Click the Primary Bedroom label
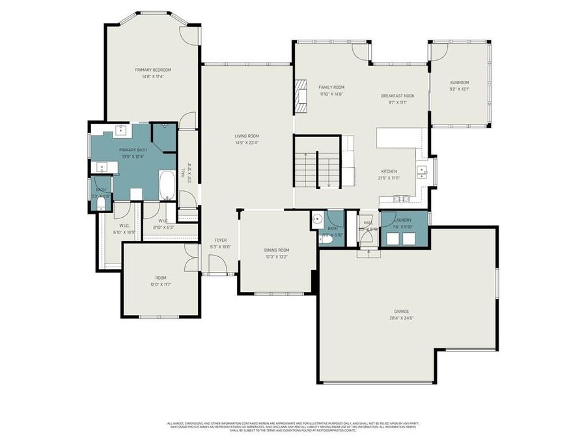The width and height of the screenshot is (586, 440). click(x=153, y=70)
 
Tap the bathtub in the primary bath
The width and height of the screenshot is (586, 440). click(x=167, y=184)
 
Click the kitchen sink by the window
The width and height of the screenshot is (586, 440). click(x=423, y=172)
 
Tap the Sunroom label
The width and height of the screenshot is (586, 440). click(x=459, y=82)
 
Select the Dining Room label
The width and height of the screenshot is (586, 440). click(x=277, y=250)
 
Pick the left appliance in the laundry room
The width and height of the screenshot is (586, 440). click(x=393, y=238)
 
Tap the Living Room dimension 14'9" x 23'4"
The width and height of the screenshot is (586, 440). click(x=247, y=143)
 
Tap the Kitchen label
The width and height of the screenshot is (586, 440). click(x=389, y=171)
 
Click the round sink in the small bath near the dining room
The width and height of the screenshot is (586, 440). click(x=317, y=218)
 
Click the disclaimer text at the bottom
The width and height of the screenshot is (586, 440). click(x=293, y=426)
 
